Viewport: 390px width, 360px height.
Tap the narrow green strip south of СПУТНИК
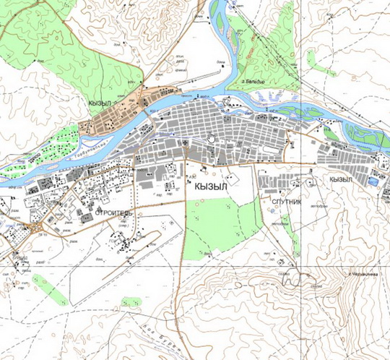tap(295, 242)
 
